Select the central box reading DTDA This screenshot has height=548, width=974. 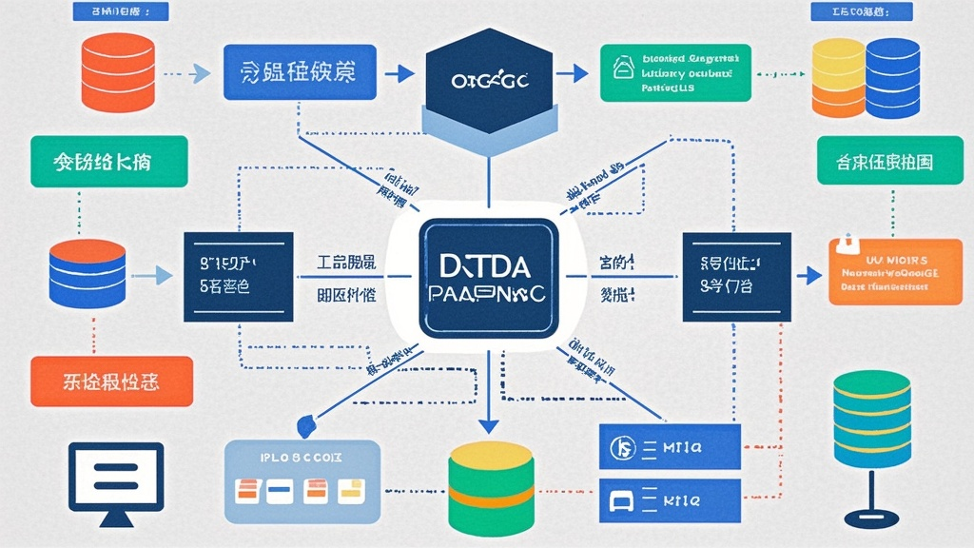pos(487,278)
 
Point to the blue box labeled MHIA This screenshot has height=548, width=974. pos(670,445)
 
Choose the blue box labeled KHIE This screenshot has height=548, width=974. pos(670,498)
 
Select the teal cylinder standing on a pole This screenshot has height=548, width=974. pos(870,418)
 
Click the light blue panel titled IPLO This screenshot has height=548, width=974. pos(301,479)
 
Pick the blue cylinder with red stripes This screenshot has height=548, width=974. pos(87,275)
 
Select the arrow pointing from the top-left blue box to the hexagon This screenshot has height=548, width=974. pos(402,72)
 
